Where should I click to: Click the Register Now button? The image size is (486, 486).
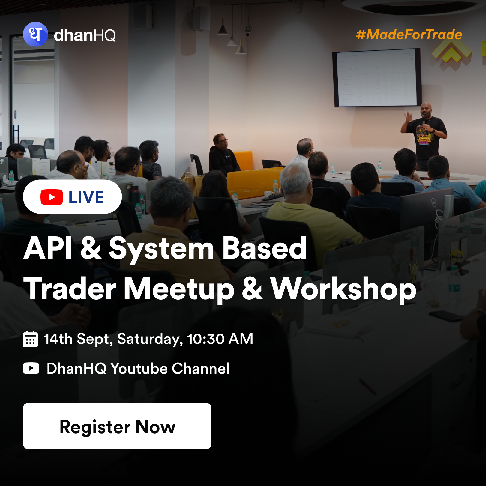point(117,426)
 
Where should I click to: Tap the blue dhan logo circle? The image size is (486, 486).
point(35,34)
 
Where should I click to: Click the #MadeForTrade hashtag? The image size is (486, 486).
point(409,34)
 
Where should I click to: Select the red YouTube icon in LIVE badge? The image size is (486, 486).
point(52,197)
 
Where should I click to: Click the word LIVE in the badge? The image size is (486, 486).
point(86,197)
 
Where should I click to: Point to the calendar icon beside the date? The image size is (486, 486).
point(30,339)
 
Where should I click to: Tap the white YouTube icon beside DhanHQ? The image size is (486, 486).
point(31,368)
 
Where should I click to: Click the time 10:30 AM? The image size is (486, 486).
point(220,339)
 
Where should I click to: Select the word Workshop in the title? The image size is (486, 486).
point(343,289)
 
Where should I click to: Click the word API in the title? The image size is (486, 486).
point(48,248)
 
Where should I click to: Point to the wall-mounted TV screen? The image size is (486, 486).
point(377,78)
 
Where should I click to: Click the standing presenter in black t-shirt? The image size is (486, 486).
point(425,135)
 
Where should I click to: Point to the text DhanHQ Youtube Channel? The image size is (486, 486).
point(138,368)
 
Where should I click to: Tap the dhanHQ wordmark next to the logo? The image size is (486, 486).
point(85,35)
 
